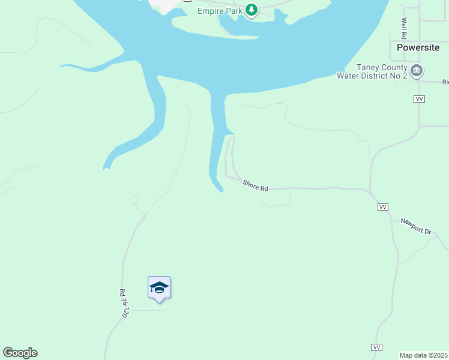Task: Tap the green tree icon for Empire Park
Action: point(252,10)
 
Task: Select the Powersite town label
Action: point(418,47)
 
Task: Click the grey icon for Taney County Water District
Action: point(416,71)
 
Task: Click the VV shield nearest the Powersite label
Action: point(420,98)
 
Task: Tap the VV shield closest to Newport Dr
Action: point(382,207)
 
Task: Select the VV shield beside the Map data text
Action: point(376,347)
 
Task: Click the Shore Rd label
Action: point(255,186)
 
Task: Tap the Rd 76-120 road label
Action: point(124,304)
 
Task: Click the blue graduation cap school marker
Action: point(159,288)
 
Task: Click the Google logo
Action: point(20,353)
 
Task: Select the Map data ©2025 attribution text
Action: point(423,355)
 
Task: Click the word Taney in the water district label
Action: point(367,67)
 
